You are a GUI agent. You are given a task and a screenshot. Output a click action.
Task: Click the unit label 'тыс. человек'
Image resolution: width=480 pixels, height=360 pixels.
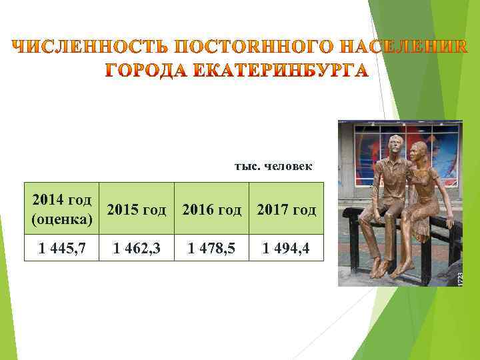point(273,165)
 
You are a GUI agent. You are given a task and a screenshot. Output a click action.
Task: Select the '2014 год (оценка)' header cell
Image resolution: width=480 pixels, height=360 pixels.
point(62,209)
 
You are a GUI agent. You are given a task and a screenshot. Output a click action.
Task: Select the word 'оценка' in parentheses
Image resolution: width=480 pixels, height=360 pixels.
point(62,219)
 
